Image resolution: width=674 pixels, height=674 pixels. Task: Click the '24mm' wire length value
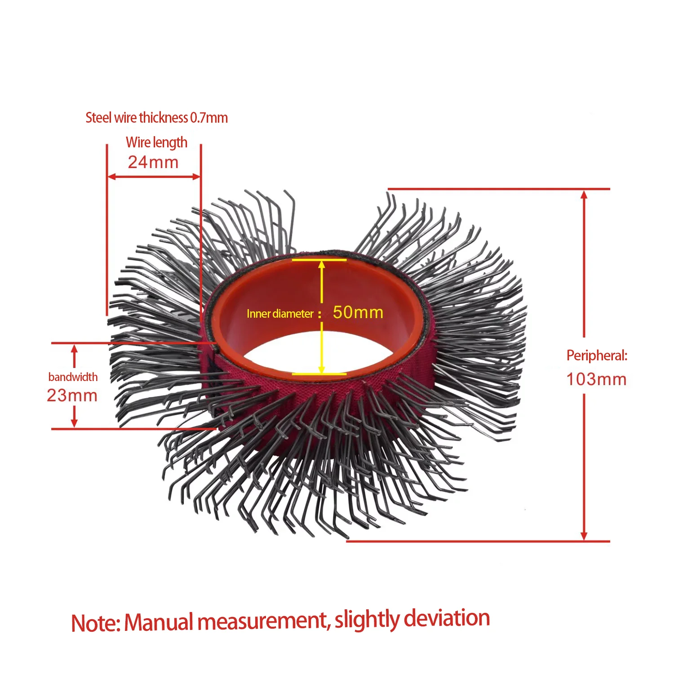153,162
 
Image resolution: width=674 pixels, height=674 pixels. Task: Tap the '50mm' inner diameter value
358,312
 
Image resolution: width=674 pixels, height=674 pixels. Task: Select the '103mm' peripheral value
596,379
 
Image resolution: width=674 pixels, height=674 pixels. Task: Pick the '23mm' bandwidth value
72,395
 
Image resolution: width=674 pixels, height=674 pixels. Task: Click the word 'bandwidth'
73,377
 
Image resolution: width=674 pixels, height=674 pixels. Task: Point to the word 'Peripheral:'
597,355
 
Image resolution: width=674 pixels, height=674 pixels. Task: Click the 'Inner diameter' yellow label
280,314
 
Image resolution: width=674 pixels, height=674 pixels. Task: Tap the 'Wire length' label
156,142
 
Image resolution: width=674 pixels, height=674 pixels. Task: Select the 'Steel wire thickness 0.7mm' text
156,118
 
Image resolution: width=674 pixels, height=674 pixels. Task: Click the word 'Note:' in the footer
96,623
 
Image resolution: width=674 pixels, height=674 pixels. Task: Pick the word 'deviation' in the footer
447,618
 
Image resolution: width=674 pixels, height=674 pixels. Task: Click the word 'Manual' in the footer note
159,622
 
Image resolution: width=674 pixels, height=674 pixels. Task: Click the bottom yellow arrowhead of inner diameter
322,369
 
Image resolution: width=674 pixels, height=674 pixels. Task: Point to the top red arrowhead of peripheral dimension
584,195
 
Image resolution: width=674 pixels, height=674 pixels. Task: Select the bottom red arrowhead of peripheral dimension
584,536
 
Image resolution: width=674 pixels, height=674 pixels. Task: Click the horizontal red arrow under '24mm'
154,177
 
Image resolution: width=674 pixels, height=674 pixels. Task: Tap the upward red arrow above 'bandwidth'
75,355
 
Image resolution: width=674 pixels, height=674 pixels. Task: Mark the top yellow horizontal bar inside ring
319,260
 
